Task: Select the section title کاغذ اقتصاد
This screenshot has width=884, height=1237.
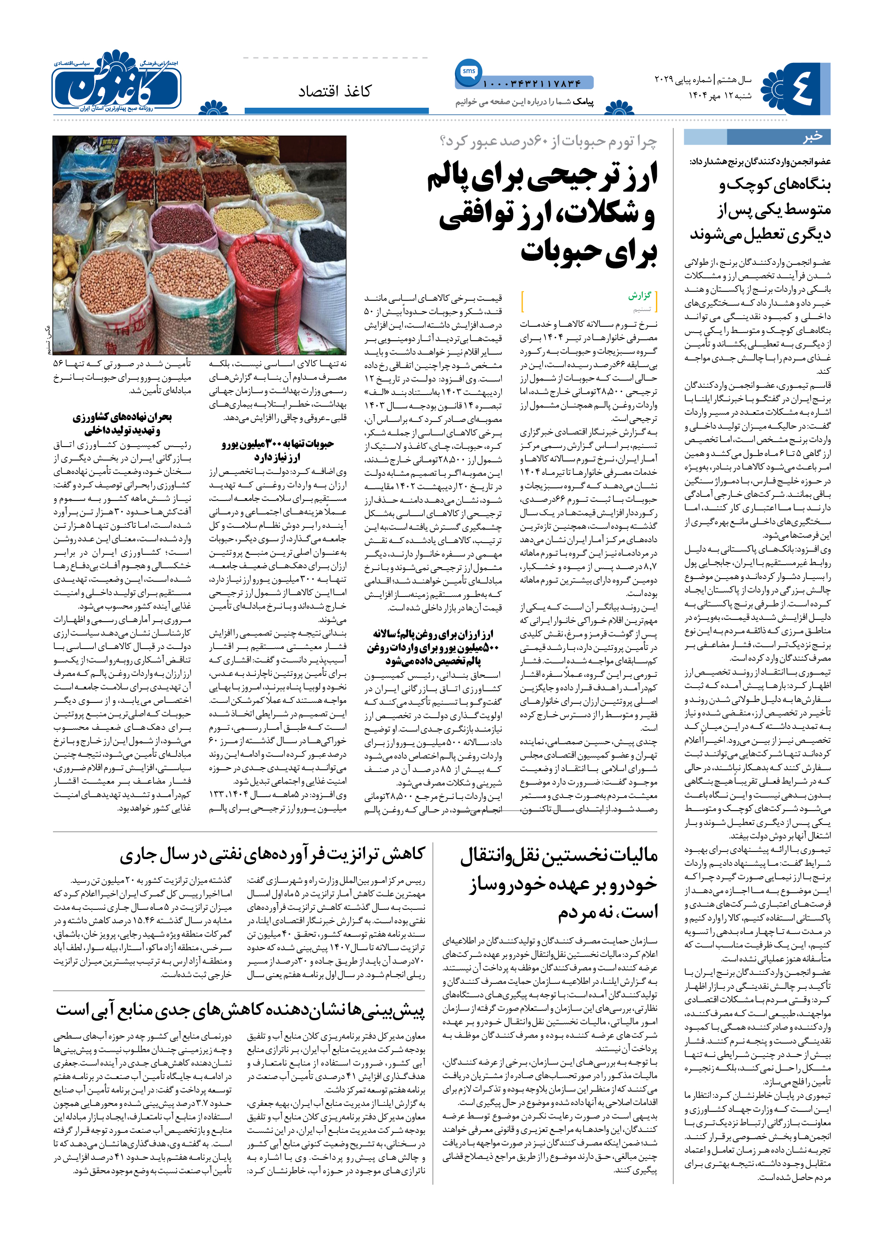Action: pyautogui.click(x=334, y=92)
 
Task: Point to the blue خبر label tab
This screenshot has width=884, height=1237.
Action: pyautogui.click(x=812, y=136)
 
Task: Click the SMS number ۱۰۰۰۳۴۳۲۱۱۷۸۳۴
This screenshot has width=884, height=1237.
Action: pyautogui.click(x=532, y=83)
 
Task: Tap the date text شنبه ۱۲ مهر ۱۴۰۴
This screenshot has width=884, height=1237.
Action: pyautogui.click(x=720, y=95)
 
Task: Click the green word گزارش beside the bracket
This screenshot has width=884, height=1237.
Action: pyautogui.click(x=640, y=295)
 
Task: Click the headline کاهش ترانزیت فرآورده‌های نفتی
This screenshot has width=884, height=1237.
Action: pyautogui.click(x=272, y=855)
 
